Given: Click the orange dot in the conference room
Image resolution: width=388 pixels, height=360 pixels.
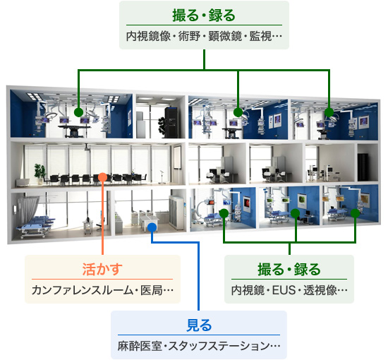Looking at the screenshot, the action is pyautogui.click(x=102, y=177).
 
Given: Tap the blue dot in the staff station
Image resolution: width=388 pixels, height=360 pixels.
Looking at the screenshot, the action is pyautogui.click(x=152, y=227).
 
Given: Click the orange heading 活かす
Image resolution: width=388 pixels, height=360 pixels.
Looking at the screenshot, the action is pyautogui.click(x=102, y=270).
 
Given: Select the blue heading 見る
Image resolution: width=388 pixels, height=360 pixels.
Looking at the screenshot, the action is pyautogui.click(x=199, y=325).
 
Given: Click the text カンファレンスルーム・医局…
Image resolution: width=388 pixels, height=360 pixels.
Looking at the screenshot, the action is pyautogui.click(x=102, y=290).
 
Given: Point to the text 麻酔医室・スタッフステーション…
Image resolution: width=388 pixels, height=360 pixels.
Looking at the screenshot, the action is pyautogui.click(x=199, y=346).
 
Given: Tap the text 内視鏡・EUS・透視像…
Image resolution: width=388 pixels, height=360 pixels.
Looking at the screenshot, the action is pyautogui.click(x=289, y=290).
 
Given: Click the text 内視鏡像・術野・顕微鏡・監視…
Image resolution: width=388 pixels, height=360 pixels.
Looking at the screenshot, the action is pyautogui.click(x=204, y=36).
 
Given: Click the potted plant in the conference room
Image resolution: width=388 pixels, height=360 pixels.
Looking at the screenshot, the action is pyautogui.click(x=40, y=173).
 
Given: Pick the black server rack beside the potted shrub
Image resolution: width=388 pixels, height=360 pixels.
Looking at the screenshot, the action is pyautogui.click(x=171, y=122).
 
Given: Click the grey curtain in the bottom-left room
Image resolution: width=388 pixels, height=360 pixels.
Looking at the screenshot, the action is pyautogui.click(x=28, y=209).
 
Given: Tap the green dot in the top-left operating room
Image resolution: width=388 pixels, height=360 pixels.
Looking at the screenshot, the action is pyautogui.click(x=78, y=112).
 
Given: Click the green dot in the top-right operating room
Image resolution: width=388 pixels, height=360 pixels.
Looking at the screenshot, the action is pyautogui.click(x=329, y=112).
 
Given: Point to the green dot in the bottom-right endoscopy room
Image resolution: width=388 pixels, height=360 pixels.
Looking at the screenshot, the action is pyautogui.click(x=355, y=213).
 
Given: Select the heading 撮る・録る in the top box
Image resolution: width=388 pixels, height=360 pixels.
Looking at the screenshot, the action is pyautogui.click(x=204, y=15).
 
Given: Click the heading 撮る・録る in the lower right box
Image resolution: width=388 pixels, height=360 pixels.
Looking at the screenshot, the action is pyautogui.click(x=289, y=270).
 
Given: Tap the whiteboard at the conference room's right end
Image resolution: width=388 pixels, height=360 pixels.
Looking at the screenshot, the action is pyautogui.click(x=177, y=158).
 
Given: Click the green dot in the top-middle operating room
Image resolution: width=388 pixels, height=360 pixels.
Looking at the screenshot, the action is pyautogui.click(x=238, y=112).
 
